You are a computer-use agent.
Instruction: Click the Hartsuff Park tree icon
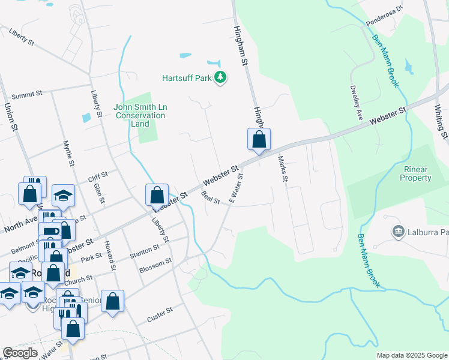click(221, 77)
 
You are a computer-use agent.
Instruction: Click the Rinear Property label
click(415, 174)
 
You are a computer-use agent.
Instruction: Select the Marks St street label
click(283, 169)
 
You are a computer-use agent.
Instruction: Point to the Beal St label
click(211, 197)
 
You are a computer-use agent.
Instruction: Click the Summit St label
click(28, 94)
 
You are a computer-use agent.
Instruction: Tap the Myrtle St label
click(69, 153)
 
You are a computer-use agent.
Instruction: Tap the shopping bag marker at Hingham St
click(259, 140)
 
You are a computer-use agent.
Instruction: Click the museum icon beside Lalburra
click(397, 231)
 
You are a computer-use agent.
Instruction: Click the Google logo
click(20, 353)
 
